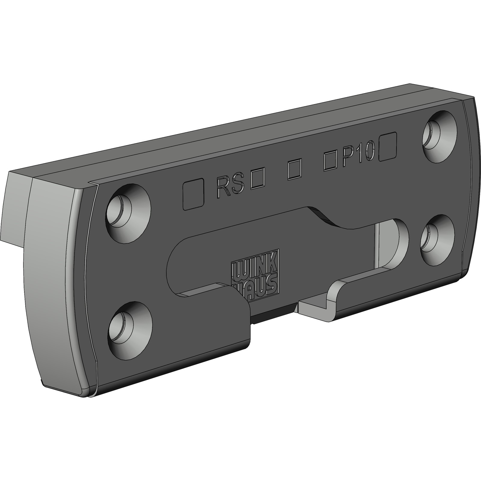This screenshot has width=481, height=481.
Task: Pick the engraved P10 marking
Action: coord(358,154)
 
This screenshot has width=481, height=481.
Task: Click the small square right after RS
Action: coord(258,180)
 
